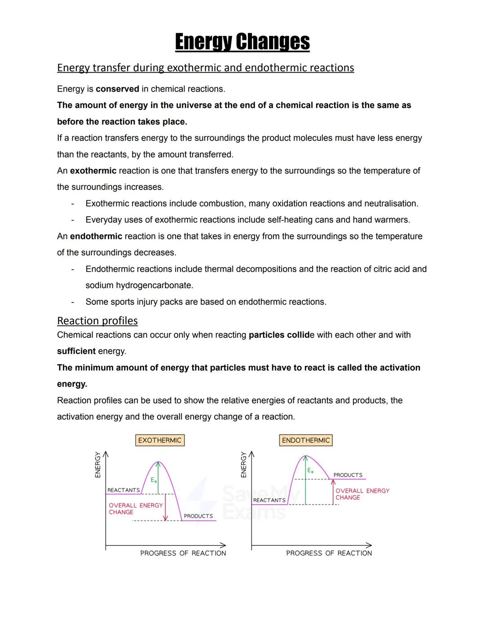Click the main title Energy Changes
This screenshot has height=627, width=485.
pyautogui.click(x=242, y=42)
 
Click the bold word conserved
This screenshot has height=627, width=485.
pyautogui.click(x=117, y=89)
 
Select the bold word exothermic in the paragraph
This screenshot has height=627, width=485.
pyautogui.click(x=93, y=171)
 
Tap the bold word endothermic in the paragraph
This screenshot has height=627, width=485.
pyautogui.click(x=96, y=236)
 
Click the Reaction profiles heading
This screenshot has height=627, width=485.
pyautogui.click(x=97, y=320)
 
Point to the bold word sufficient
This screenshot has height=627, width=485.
pyautogui.click(x=76, y=351)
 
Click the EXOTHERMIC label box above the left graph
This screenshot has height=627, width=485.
pyautogui.click(x=159, y=440)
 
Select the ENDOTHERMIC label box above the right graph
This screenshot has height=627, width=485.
pyautogui.click(x=305, y=440)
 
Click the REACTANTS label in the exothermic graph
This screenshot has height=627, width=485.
pyautogui.click(x=123, y=490)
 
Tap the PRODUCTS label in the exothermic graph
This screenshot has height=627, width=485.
pyautogui.click(x=198, y=516)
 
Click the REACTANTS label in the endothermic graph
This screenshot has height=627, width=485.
pyautogui.click(x=269, y=500)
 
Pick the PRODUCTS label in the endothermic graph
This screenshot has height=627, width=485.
pyautogui.click(x=348, y=475)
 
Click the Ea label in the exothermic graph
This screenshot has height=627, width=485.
pyautogui.click(x=154, y=480)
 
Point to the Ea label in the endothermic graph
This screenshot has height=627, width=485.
pyautogui.click(x=310, y=471)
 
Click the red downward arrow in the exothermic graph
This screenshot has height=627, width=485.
pyautogui.click(x=165, y=507)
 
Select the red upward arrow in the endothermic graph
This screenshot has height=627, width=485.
pyautogui.click(x=333, y=491)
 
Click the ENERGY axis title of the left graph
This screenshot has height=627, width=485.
pyautogui.click(x=97, y=465)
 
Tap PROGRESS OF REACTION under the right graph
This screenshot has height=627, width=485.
pyautogui.click(x=329, y=553)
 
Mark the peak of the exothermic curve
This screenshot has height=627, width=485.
pyautogui.click(x=158, y=462)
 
